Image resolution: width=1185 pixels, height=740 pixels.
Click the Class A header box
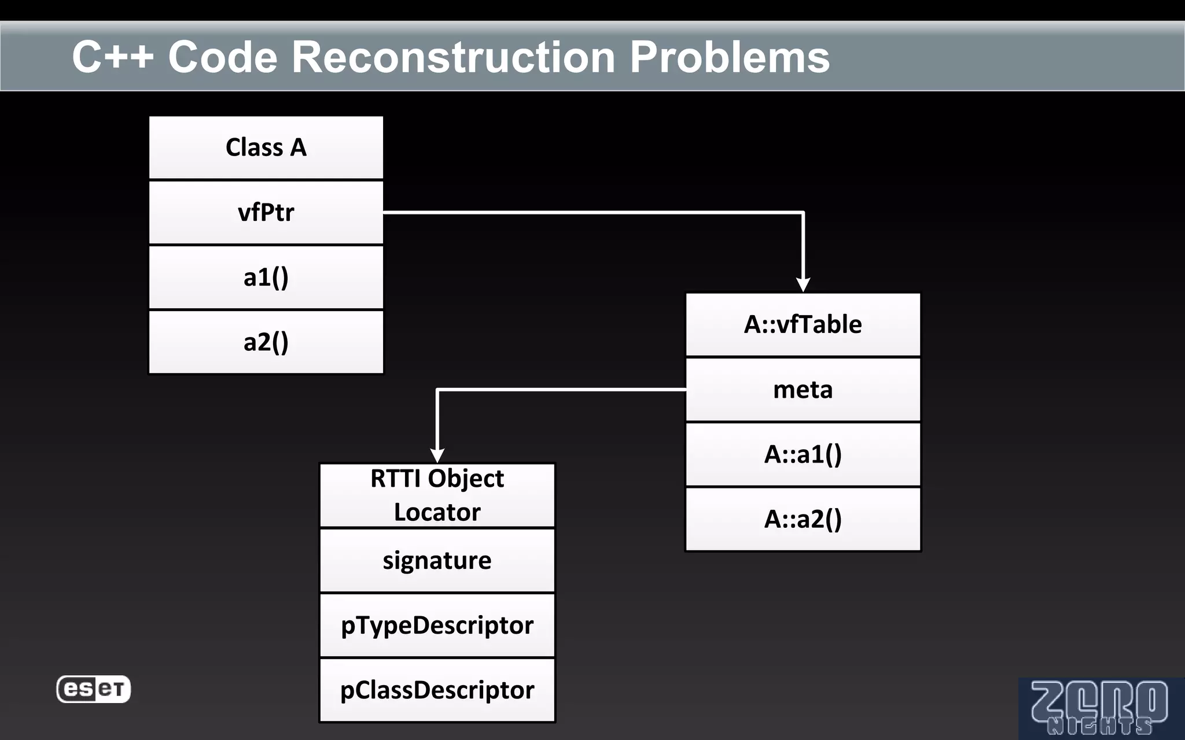tap(266, 147)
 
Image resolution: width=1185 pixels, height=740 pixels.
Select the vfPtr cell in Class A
tap(266, 212)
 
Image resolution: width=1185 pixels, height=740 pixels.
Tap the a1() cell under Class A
tap(266, 277)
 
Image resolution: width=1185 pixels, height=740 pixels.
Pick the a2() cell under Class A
tap(266, 342)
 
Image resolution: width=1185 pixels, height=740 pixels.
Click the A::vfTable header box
tap(803, 324)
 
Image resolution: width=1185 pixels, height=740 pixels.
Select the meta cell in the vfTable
tap(803, 390)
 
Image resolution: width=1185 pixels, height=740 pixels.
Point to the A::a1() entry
tap(803, 454)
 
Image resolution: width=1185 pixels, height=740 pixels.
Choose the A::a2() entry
tap(803, 519)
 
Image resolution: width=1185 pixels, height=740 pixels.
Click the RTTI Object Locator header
tap(437, 495)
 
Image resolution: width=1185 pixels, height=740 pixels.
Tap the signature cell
tap(437, 560)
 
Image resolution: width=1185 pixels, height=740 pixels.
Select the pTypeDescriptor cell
tap(437, 626)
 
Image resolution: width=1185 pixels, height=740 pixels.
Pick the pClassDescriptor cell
tap(437, 690)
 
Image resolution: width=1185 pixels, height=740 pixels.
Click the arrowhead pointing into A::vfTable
tap(803, 284)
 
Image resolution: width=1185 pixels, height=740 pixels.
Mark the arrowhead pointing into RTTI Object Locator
tap(437, 455)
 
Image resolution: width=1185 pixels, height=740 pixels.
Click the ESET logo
tap(93, 689)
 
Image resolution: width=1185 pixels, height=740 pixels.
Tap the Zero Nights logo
tap(1099, 708)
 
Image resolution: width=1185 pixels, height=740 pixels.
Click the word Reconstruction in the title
tap(453, 57)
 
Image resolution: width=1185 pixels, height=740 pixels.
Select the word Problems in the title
tap(730, 57)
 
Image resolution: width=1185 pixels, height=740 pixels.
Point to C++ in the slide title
tap(113, 57)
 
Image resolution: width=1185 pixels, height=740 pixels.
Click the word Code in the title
tap(223, 57)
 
